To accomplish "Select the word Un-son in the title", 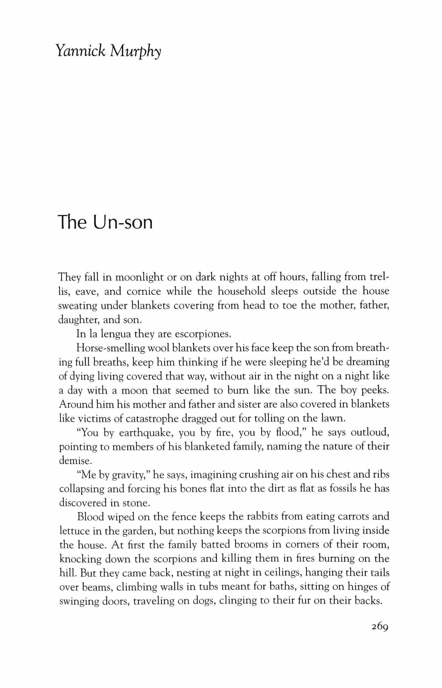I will coord(123,223).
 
